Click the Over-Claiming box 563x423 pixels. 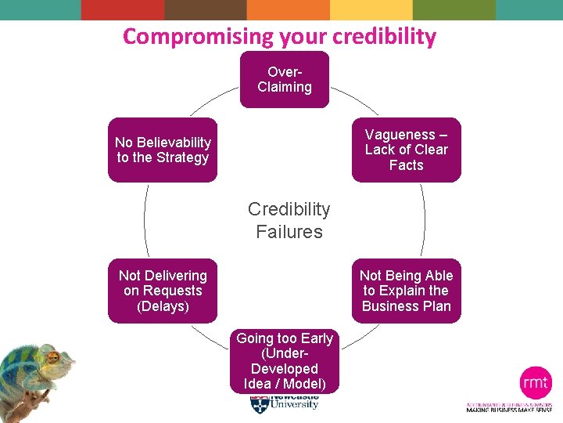(285, 79)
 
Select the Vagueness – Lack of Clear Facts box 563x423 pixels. (406, 150)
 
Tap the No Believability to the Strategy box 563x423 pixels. (163, 150)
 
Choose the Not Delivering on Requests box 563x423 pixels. (163, 291)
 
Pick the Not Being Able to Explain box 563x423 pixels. (406, 291)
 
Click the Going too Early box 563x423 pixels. (285, 361)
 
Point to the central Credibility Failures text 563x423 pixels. (289, 220)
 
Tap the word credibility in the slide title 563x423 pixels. (384, 36)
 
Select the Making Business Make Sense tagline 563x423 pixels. (509, 410)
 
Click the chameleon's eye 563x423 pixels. (54, 358)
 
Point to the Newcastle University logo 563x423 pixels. (285, 403)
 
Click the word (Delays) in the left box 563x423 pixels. (163, 306)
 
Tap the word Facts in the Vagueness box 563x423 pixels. (406, 165)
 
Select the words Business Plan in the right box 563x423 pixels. (406, 306)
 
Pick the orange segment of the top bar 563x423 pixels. (289, 9)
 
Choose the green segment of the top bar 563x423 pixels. (454, 9)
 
